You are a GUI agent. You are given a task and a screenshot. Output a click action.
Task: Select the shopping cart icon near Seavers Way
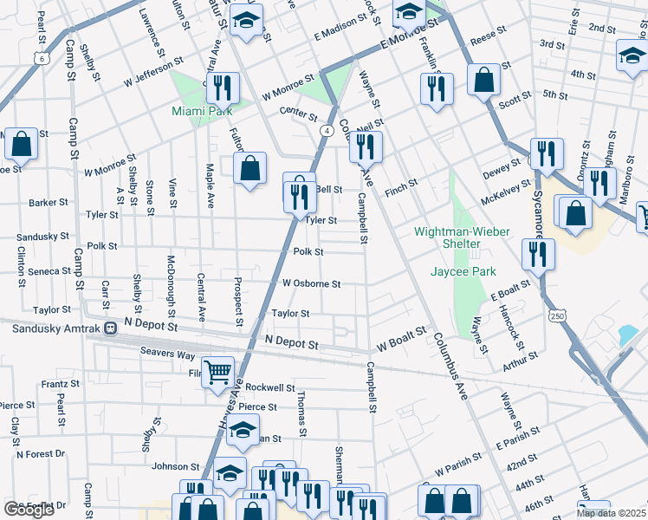218,373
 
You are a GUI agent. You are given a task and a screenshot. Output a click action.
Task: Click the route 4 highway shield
327,130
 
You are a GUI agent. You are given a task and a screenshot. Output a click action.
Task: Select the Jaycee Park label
463,271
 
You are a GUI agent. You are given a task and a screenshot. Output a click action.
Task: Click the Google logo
29,509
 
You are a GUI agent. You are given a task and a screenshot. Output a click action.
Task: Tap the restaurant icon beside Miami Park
224,88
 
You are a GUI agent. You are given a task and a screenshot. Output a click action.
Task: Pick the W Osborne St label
311,283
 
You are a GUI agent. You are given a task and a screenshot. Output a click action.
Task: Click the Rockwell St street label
270,387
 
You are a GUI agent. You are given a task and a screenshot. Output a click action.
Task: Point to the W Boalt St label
401,339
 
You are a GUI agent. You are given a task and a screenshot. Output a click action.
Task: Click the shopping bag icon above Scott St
483,79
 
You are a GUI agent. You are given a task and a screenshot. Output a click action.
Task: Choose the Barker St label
49,202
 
